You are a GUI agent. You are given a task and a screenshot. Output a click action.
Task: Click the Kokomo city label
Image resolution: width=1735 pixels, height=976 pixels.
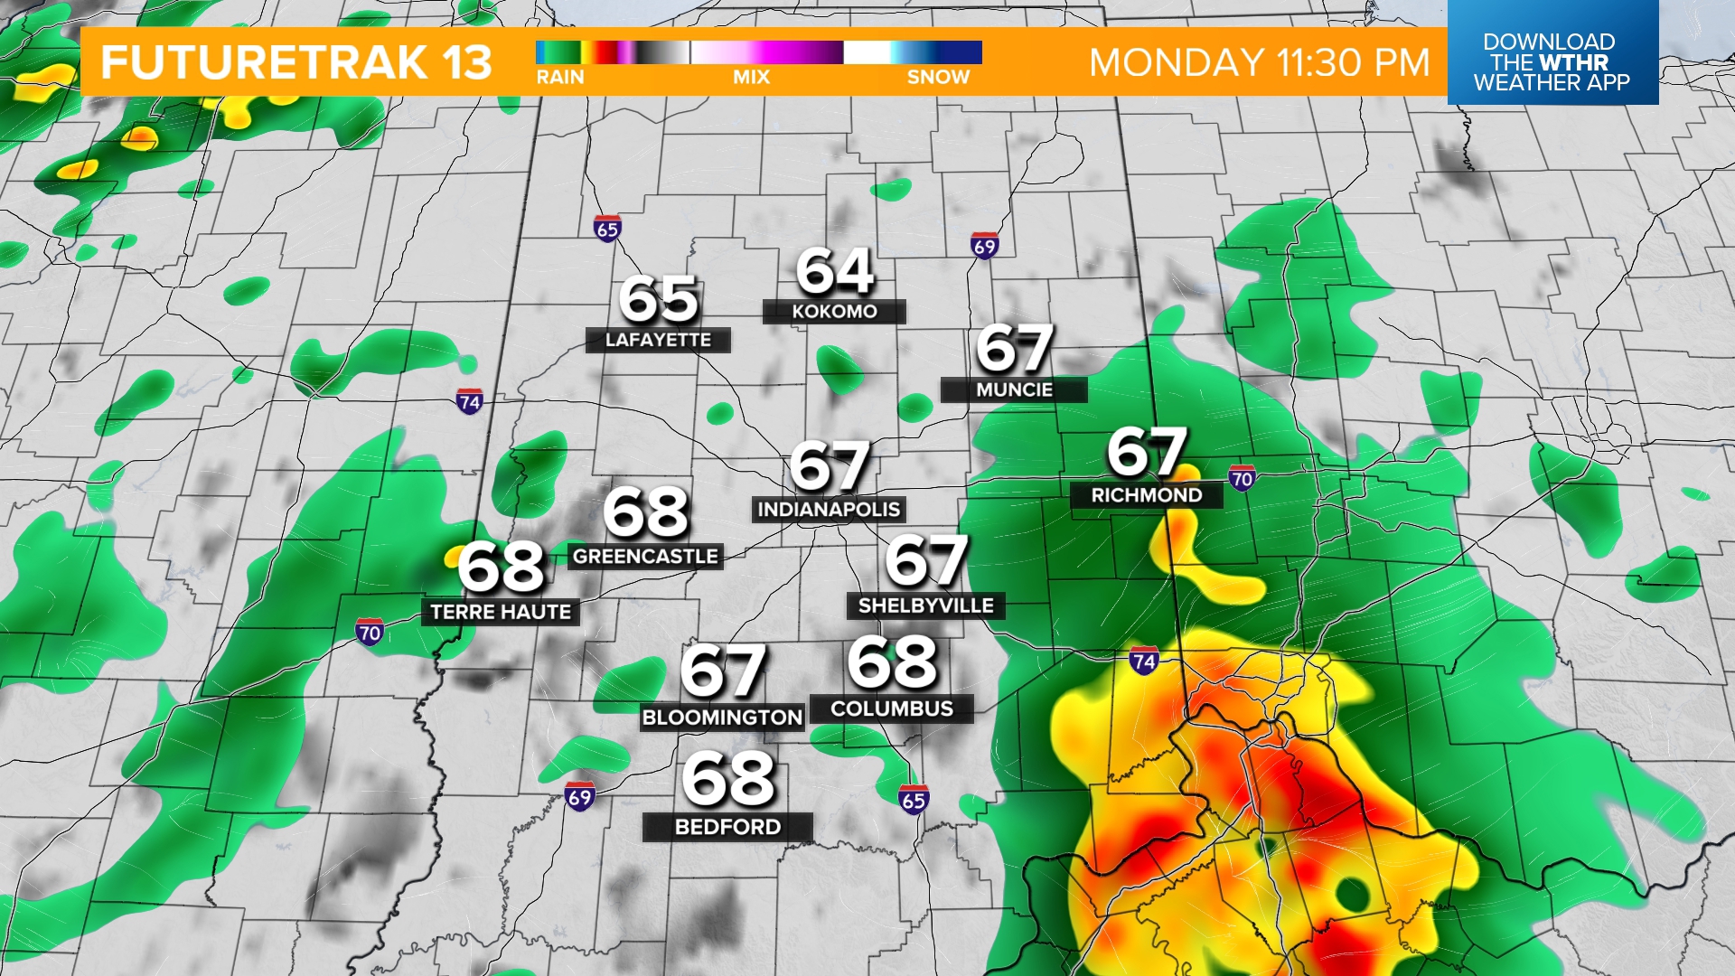[834, 312]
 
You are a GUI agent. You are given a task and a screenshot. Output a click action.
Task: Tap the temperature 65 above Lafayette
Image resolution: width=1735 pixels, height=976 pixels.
[658, 299]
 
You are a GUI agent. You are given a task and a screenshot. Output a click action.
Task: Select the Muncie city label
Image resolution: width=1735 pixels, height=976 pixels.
[1014, 389]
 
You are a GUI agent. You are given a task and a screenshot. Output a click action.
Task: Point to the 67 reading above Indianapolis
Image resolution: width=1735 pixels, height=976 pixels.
[829, 466]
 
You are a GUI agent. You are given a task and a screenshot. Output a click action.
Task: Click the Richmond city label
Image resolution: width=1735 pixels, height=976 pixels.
[1146, 495]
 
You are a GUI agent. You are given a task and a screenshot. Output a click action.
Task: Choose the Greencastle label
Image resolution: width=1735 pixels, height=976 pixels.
[645, 557]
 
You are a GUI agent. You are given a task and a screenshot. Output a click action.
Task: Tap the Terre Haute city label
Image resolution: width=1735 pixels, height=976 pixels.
[501, 612]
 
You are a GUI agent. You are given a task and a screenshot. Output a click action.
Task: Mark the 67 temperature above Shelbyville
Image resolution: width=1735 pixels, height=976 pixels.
[926, 560]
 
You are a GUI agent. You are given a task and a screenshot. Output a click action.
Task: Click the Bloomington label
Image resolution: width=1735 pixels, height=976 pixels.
[722, 718]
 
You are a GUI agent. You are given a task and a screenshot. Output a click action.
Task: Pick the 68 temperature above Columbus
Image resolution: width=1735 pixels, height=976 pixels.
[892, 662]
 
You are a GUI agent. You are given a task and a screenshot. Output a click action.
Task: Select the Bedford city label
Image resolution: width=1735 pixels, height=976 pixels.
[727, 827]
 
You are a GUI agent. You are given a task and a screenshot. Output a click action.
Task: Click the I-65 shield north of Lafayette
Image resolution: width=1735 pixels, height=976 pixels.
[607, 229]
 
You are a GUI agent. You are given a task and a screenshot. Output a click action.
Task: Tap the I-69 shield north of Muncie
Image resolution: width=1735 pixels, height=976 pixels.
[984, 245]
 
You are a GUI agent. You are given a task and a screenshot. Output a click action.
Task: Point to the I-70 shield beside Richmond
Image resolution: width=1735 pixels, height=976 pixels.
[1242, 478]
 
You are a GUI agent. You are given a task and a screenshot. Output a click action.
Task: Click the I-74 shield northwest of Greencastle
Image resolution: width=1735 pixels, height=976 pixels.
[469, 401]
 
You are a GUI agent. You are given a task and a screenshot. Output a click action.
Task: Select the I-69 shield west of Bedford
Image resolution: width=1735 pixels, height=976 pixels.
[579, 796]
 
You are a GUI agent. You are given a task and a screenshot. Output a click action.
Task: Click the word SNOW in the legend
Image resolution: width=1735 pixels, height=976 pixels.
[938, 78]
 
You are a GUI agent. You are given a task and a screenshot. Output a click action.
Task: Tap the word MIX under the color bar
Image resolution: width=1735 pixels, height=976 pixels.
[751, 78]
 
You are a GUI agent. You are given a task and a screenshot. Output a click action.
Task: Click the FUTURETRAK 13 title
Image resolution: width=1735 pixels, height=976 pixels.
[296, 62]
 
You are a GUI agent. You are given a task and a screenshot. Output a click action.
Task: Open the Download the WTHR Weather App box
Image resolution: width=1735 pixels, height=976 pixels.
[1552, 61]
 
